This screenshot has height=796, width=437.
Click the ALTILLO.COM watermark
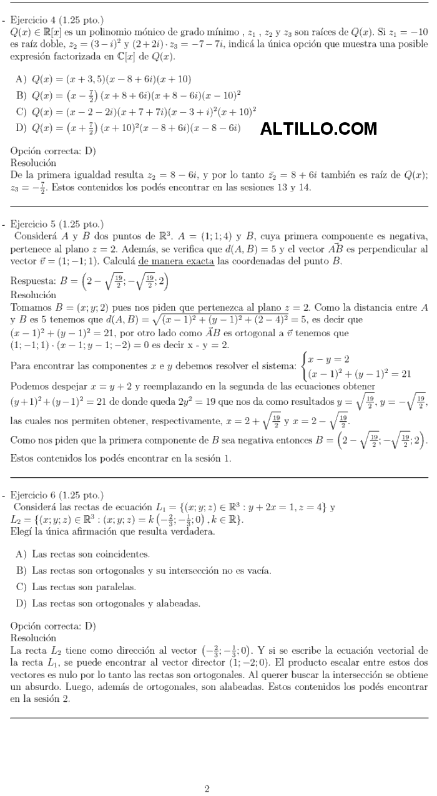tap(318, 129)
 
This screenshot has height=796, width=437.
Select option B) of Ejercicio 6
tap(144, 570)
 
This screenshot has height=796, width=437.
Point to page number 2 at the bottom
tap(207, 789)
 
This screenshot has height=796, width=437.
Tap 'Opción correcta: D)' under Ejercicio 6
tap(53, 626)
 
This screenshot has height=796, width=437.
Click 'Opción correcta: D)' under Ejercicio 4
tap(53, 151)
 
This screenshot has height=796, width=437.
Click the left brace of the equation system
tap(303, 367)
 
